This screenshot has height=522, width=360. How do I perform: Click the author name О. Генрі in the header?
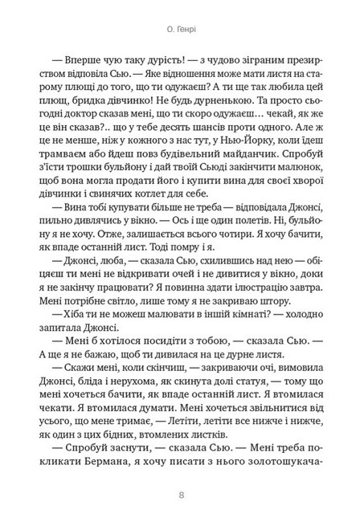pyautogui.click(x=180, y=35)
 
